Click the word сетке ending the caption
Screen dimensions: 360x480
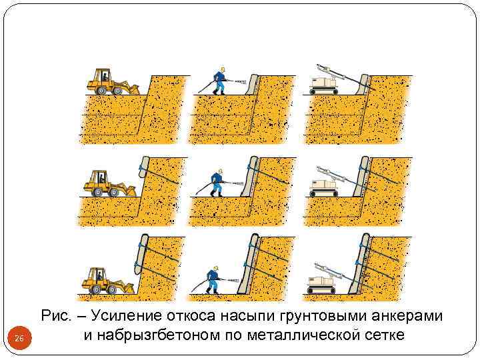pyautogui.click(x=380, y=334)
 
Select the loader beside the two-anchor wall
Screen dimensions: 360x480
pyautogui.click(x=107, y=279)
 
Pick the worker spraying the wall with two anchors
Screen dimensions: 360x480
pyautogui.click(x=213, y=279)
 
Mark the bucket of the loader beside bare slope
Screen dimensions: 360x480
pyautogui.click(x=133, y=88)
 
